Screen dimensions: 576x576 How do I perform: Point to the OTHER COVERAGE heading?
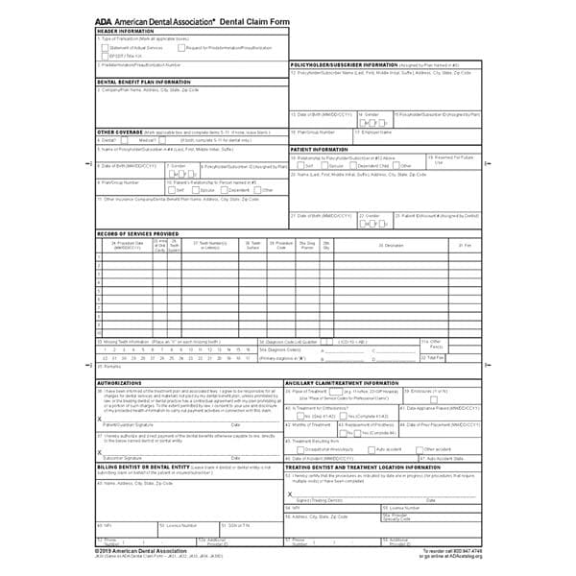pyautogui.click(x=118, y=131)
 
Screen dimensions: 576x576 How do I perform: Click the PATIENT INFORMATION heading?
pyautogui.click(x=319, y=150)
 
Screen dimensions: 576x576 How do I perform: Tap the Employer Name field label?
pyautogui.click(x=373, y=132)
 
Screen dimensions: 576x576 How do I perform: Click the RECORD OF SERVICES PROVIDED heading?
pyautogui.click(x=138, y=233)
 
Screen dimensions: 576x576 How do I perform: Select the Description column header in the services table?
pyautogui.click(x=394, y=246)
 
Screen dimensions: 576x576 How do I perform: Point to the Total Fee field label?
pyautogui.click(x=434, y=357)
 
